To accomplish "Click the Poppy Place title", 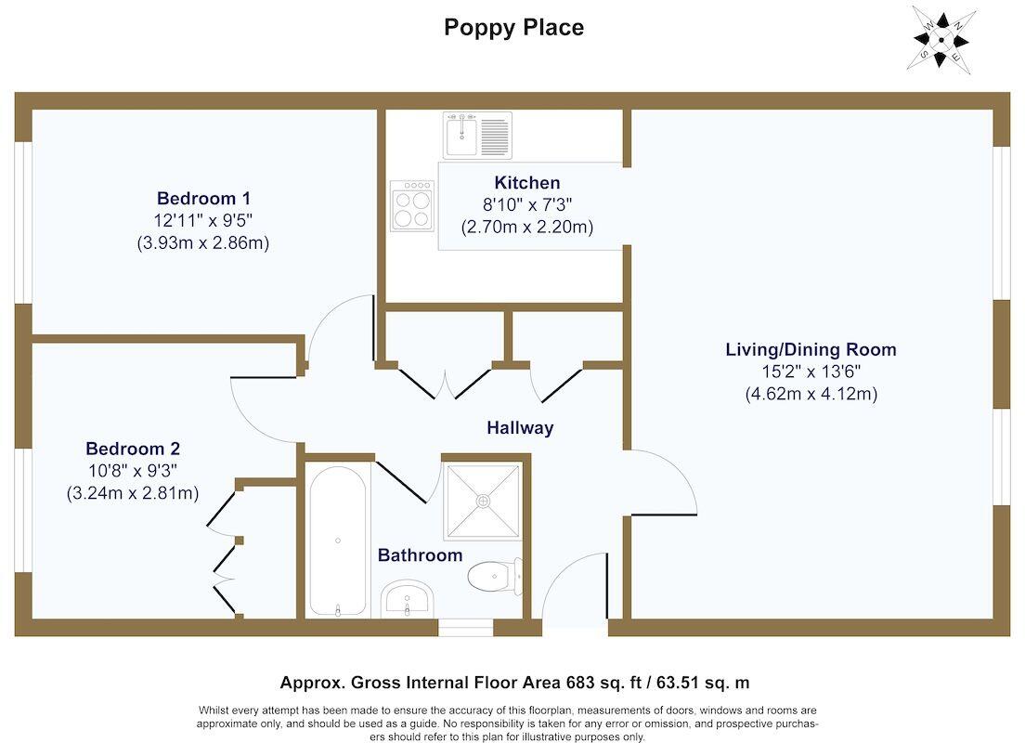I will (x=513, y=28).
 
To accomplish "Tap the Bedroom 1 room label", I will (x=203, y=198).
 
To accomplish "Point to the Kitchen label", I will (x=526, y=183).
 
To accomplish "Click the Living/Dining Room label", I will (x=811, y=350).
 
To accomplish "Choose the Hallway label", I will (x=520, y=428).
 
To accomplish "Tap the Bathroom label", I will (x=420, y=555).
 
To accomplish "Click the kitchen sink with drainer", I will (x=476, y=135).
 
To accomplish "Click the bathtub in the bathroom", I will (x=338, y=541).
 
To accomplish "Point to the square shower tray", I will (x=482, y=501).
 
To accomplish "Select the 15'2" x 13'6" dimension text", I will (x=811, y=372).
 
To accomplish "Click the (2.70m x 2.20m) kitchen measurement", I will (x=526, y=227).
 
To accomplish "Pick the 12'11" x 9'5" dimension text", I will (x=203, y=220).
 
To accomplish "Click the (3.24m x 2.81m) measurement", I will (x=132, y=493).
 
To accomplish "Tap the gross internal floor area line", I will (x=514, y=683).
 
